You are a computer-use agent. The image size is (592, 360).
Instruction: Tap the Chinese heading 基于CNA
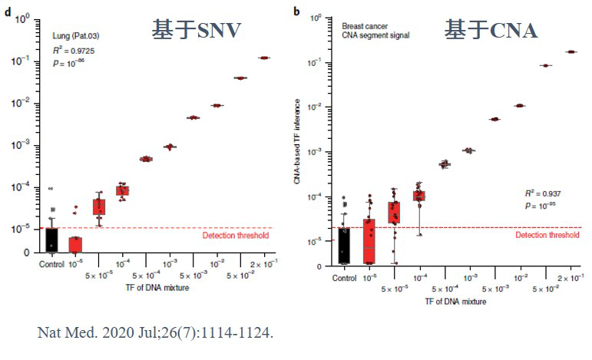pyautogui.click(x=491, y=29)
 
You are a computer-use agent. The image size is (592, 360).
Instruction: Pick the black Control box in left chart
pyautogui.click(x=50, y=239)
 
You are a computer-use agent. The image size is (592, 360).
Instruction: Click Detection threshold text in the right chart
pyautogui.click(x=547, y=236)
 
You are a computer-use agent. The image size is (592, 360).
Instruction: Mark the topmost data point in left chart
pyautogui.click(x=265, y=58)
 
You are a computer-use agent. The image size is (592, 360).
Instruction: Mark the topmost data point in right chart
pyautogui.click(x=571, y=51)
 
